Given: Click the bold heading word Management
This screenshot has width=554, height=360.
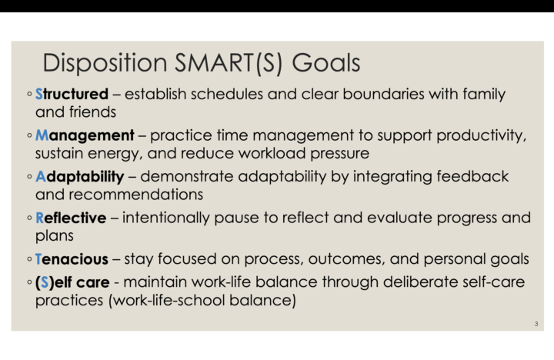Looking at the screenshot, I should pyautogui.click(x=85, y=135).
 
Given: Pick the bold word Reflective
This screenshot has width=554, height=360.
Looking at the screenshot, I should pyautogui.click(x=71, y=218).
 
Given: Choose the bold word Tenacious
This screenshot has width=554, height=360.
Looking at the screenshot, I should pyautogui.click(x=72, y=258).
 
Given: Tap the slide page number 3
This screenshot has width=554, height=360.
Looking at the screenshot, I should pyautogui.click(x=536, y=324).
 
